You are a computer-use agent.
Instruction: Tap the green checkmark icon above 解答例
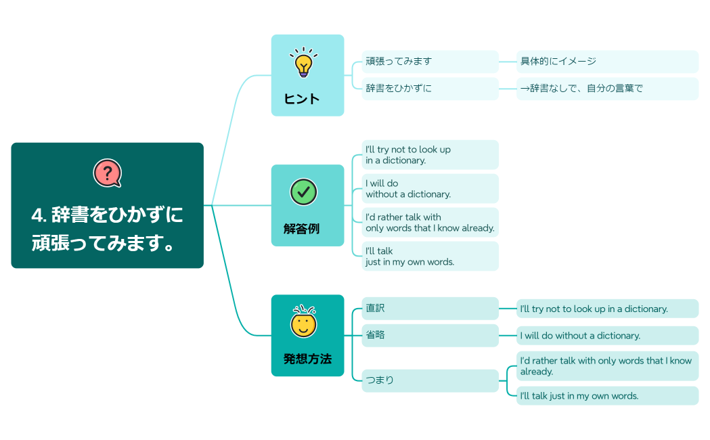tap(304, 192)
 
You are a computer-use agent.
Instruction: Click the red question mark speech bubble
tap(107, 173)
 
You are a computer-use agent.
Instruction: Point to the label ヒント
tap(302, 99)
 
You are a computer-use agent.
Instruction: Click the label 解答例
tap(301, 229)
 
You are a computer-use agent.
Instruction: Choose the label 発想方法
tap(307, 359)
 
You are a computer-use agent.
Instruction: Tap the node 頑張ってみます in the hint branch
tap(430, 62)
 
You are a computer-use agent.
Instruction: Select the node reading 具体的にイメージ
tap(606, 62)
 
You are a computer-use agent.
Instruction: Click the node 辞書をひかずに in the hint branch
tap(430, 89)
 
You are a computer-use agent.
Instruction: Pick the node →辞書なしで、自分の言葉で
tap(606, 89)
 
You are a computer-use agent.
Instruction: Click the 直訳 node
tap(430, 309)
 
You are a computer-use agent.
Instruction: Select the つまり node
tap(430, 380)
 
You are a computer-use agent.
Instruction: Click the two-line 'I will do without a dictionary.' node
tap(430, 189)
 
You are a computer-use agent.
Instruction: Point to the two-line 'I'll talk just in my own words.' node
tap(430, 257)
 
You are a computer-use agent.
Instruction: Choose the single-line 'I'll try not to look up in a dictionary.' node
tap(606, 309)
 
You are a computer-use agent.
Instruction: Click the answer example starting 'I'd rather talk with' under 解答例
tap(430, 223)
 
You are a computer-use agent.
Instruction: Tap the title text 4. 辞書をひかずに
tap(107, 215)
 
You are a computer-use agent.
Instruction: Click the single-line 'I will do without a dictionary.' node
tap(606, 336)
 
